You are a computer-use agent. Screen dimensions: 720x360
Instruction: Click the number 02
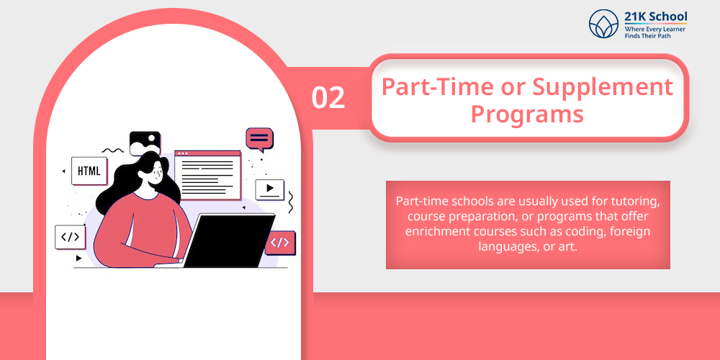328,97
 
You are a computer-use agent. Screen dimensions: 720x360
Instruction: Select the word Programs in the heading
527,114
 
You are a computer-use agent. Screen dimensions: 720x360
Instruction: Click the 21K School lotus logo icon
603,24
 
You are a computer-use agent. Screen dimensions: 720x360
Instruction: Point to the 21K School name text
656,17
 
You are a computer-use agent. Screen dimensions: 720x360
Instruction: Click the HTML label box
89,171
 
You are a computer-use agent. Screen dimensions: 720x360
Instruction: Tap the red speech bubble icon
259,139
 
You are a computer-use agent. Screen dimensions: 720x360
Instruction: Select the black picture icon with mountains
145,143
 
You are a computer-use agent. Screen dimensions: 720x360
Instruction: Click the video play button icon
269,189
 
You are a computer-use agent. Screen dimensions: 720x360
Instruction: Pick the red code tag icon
280,243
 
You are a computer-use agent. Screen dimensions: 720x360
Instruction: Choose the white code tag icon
70,237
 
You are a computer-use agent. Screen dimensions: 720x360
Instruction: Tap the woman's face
155,173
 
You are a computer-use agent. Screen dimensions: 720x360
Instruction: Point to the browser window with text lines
207,175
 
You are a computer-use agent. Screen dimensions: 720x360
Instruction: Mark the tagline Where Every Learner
655,29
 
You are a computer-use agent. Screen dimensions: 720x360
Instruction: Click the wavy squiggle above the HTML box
113,150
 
